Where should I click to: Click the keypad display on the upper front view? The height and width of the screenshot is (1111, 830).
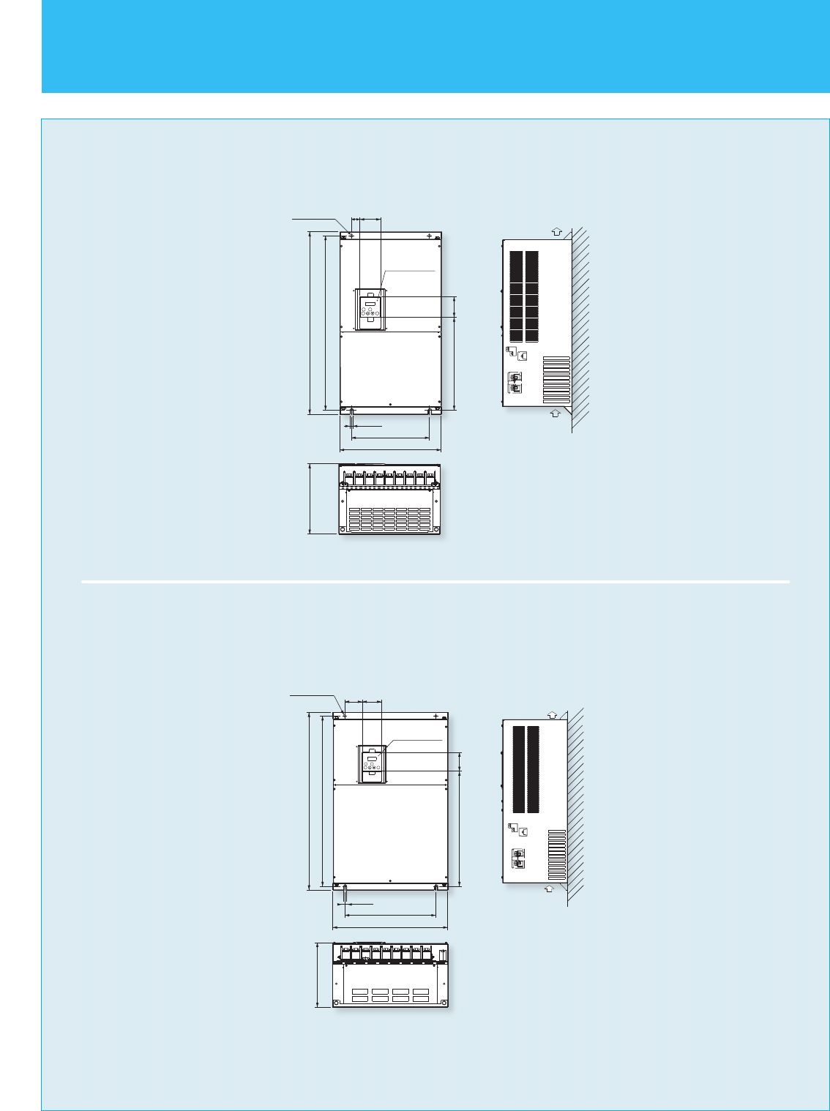click(x=370, y=302)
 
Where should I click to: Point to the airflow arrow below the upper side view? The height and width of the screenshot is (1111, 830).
click(x=555, y=413)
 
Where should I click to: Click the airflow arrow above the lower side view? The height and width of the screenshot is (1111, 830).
click(x=553, y=714)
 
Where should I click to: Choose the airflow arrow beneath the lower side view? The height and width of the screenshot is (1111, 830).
click(x=550, y=889)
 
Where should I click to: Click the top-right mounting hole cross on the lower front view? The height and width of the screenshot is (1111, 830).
click(x=435, y=716)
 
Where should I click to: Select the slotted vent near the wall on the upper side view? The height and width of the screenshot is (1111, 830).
click(x=556, y=379)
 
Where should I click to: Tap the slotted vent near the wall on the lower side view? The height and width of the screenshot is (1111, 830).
click(x=557, y=854)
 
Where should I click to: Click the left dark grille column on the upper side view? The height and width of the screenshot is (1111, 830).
click(x=516, y=296)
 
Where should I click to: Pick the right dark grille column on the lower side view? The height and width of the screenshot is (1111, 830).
click(x=533, y=769)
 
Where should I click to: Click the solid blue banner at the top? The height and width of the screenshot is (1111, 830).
click(x=435, y=46)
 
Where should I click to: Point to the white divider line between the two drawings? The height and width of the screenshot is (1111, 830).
click(x=435, y=582)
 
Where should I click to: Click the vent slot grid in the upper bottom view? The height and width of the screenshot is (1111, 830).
click(x=389, y=517)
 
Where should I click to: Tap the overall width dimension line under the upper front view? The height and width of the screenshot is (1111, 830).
click(x=390, y=450)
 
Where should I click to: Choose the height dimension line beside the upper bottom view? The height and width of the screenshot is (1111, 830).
click(x=310, y=498)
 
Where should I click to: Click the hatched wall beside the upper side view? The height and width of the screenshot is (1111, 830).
click(x=580, y=329)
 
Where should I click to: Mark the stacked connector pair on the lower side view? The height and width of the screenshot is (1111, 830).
click(x=519, y=858)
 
